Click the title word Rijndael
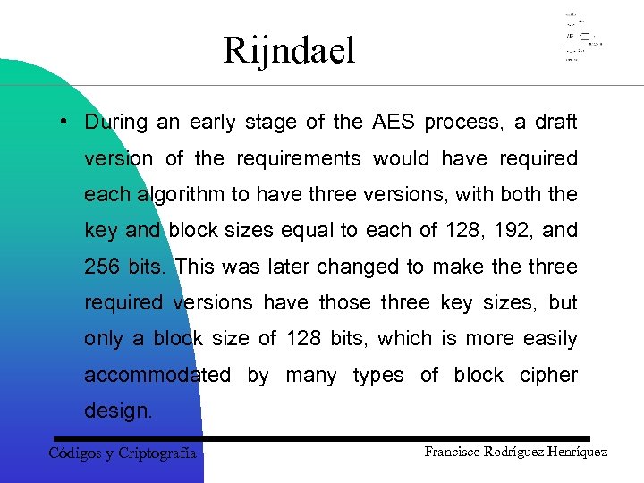click(x=289, y=51)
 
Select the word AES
click(x=394, y=122)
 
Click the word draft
click(x=555, y=122)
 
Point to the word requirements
click(x=299, y=158)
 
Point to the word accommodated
click(x=157, y=375)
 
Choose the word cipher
click(x=548, y=375)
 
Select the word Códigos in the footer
click(x=75, y=453)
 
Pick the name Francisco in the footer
click(x=453, y=452)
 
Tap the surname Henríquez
click(x=575, y=452)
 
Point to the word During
click(x=115, y=122)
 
